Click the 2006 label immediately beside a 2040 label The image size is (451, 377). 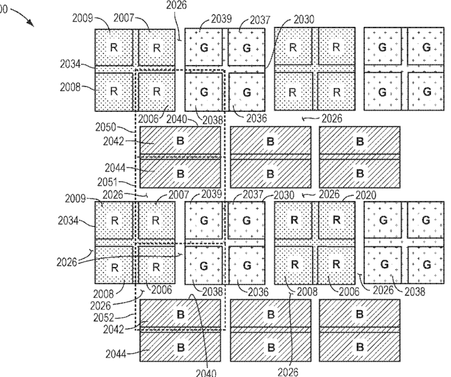click(x=149, y=118)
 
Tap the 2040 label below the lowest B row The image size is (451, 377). click(x=207, y=370)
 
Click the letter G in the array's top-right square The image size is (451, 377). click(x=427, y=46)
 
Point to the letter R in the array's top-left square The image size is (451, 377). click(x=113, y=46)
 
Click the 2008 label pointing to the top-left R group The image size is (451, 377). click(x=71, y=87)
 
